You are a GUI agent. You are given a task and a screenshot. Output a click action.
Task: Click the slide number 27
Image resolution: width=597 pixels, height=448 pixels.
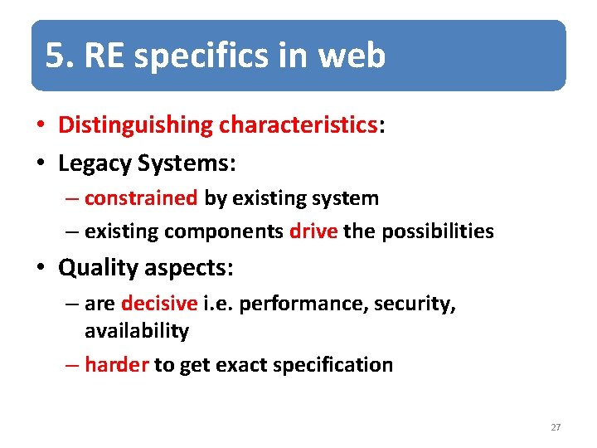coord(556,427)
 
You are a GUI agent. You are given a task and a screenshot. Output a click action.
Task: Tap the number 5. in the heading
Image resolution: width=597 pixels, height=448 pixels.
coord(60,56)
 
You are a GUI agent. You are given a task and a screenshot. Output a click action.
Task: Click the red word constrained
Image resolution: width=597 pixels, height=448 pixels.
coord(141,198)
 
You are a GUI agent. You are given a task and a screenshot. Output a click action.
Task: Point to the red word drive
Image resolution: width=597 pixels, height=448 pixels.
coord(313,231)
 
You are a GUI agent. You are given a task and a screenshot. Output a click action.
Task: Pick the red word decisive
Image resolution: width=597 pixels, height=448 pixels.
coord(159,304)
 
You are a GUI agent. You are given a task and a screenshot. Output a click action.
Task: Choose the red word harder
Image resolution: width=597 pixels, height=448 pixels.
coord(116,364)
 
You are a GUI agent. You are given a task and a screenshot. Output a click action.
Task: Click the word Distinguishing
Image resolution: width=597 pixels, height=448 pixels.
coord(135,125)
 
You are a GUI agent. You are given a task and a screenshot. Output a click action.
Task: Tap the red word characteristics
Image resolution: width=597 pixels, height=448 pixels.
coord(298,124)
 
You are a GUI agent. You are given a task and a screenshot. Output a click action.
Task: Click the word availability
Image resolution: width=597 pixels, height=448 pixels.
coord(137,331)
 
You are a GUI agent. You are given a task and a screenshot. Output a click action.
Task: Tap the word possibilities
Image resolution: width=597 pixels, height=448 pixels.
coord(437,231)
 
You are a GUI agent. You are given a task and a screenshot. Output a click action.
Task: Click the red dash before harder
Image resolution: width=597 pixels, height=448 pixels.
coord(73,364)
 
